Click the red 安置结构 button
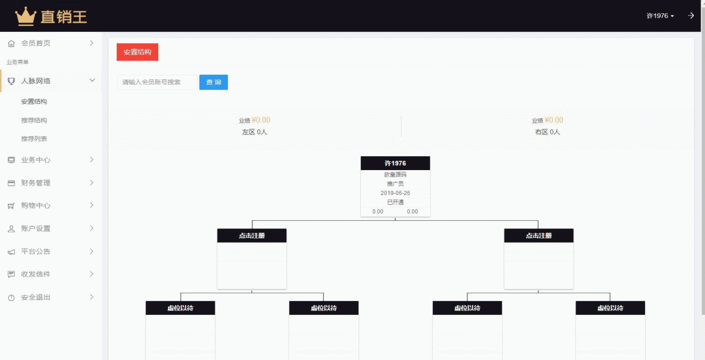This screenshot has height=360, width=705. [137, 52]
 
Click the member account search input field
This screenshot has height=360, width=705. [157, 82]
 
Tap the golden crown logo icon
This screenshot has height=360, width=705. [26, 17]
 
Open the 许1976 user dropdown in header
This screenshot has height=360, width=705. [660, 16]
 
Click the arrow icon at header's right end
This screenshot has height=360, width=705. [691, 16]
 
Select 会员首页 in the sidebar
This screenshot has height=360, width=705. [36, 43]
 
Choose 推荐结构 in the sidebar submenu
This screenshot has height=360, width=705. [34, 120]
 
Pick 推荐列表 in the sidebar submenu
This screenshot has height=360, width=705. [34, 139]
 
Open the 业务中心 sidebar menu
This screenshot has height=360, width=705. [36, 160]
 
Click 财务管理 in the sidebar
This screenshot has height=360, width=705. [36, 183]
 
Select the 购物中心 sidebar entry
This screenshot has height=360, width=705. [36, 205]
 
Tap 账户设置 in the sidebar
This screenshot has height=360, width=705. [36, 228]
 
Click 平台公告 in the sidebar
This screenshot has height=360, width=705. [36, 252]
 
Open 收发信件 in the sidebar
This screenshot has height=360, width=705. [36, 274]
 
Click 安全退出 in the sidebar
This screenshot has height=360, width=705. [36, 297]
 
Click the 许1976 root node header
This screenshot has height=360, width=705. [395, 163]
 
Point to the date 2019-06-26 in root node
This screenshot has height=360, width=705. [395, 193]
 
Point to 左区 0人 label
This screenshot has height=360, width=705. [254, 132]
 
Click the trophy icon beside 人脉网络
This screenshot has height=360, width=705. [12, 81]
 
